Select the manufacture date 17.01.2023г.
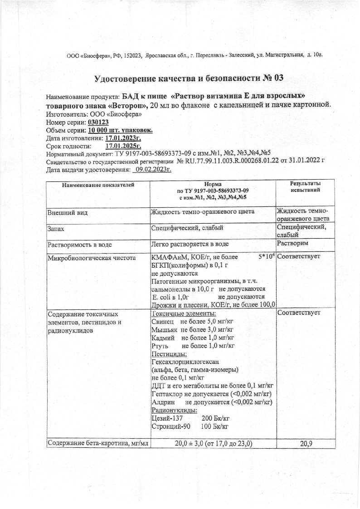tap(123, 138)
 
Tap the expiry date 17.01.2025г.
tap(123, 146)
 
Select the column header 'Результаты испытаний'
tap(305, 186)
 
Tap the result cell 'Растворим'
tap(293, 244)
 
